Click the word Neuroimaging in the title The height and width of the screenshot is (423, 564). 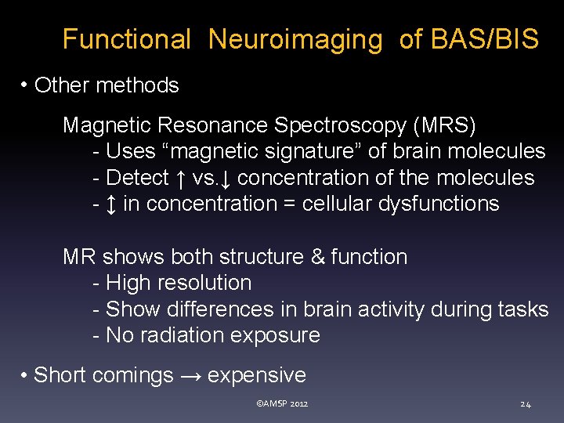[295, 39]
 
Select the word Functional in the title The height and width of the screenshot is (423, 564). [126, 39]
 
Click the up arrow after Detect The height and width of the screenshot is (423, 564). [180, 179]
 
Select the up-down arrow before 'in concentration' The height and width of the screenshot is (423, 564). [110, 204]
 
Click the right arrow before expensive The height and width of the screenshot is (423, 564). [190, 376]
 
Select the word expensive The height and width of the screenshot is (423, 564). [257, 376]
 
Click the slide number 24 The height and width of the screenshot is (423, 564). [526, 404]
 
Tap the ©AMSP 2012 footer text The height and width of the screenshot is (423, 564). [282, 404]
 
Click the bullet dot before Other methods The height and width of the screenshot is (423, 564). [26, 85]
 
